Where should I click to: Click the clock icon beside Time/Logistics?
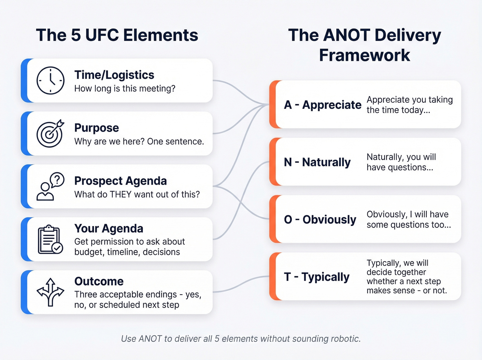coord(50,81)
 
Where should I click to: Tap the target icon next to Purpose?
coord(50,134)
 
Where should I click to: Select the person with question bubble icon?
coord(50,186)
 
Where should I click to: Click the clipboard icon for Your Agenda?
coord(50,239)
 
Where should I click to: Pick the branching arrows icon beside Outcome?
coord(50,292)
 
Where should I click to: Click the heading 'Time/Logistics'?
coord(114,75)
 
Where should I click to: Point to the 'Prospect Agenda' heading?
coord(120,181)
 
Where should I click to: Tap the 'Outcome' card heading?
coord(99,281)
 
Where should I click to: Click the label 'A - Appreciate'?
coord(323,105)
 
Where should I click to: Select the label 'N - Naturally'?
coord(317,162)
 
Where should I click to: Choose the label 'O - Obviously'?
coord(320,219)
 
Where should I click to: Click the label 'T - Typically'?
coord(316,277)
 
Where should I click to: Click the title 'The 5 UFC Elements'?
coord(117,35)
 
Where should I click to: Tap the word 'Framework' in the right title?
coord(365,55)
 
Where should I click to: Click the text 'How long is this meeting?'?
coord(125,89)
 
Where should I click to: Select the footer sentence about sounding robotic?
coord(241,339)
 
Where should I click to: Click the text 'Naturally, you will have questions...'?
coord(401,162)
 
